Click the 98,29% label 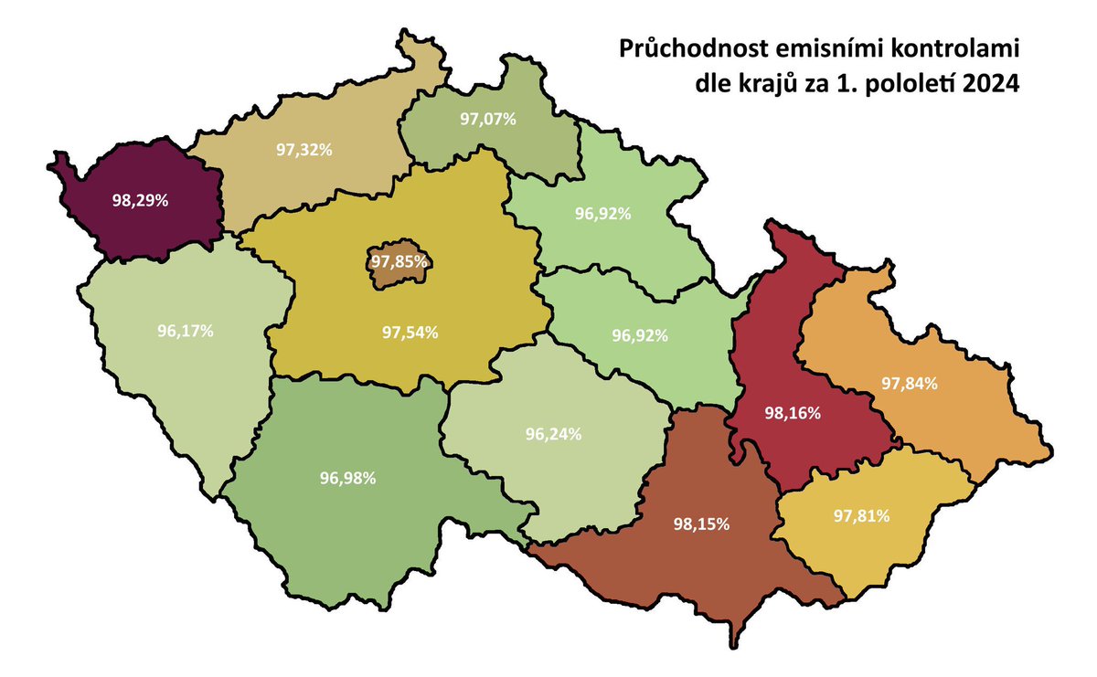tap(140, 200)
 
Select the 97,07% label tap(489, 119)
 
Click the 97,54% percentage tap(410, 332)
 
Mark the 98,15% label tap(701, 524)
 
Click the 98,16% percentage tap(793, 413)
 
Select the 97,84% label tap(910, 384)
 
